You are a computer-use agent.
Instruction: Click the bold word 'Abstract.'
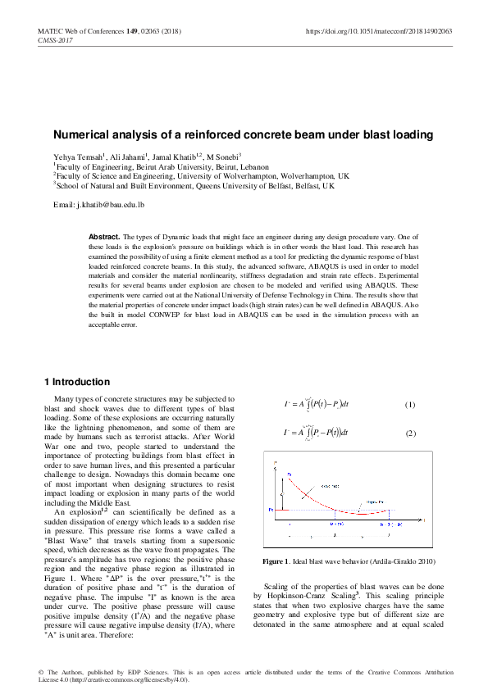[x=105, y=236]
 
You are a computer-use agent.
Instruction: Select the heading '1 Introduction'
[x=76, y=382]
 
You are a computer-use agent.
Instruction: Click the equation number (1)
[x=410, y=406]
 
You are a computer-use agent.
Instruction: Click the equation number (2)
[x=410, y=433]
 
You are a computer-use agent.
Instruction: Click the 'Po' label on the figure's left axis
[x=271, y=510]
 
